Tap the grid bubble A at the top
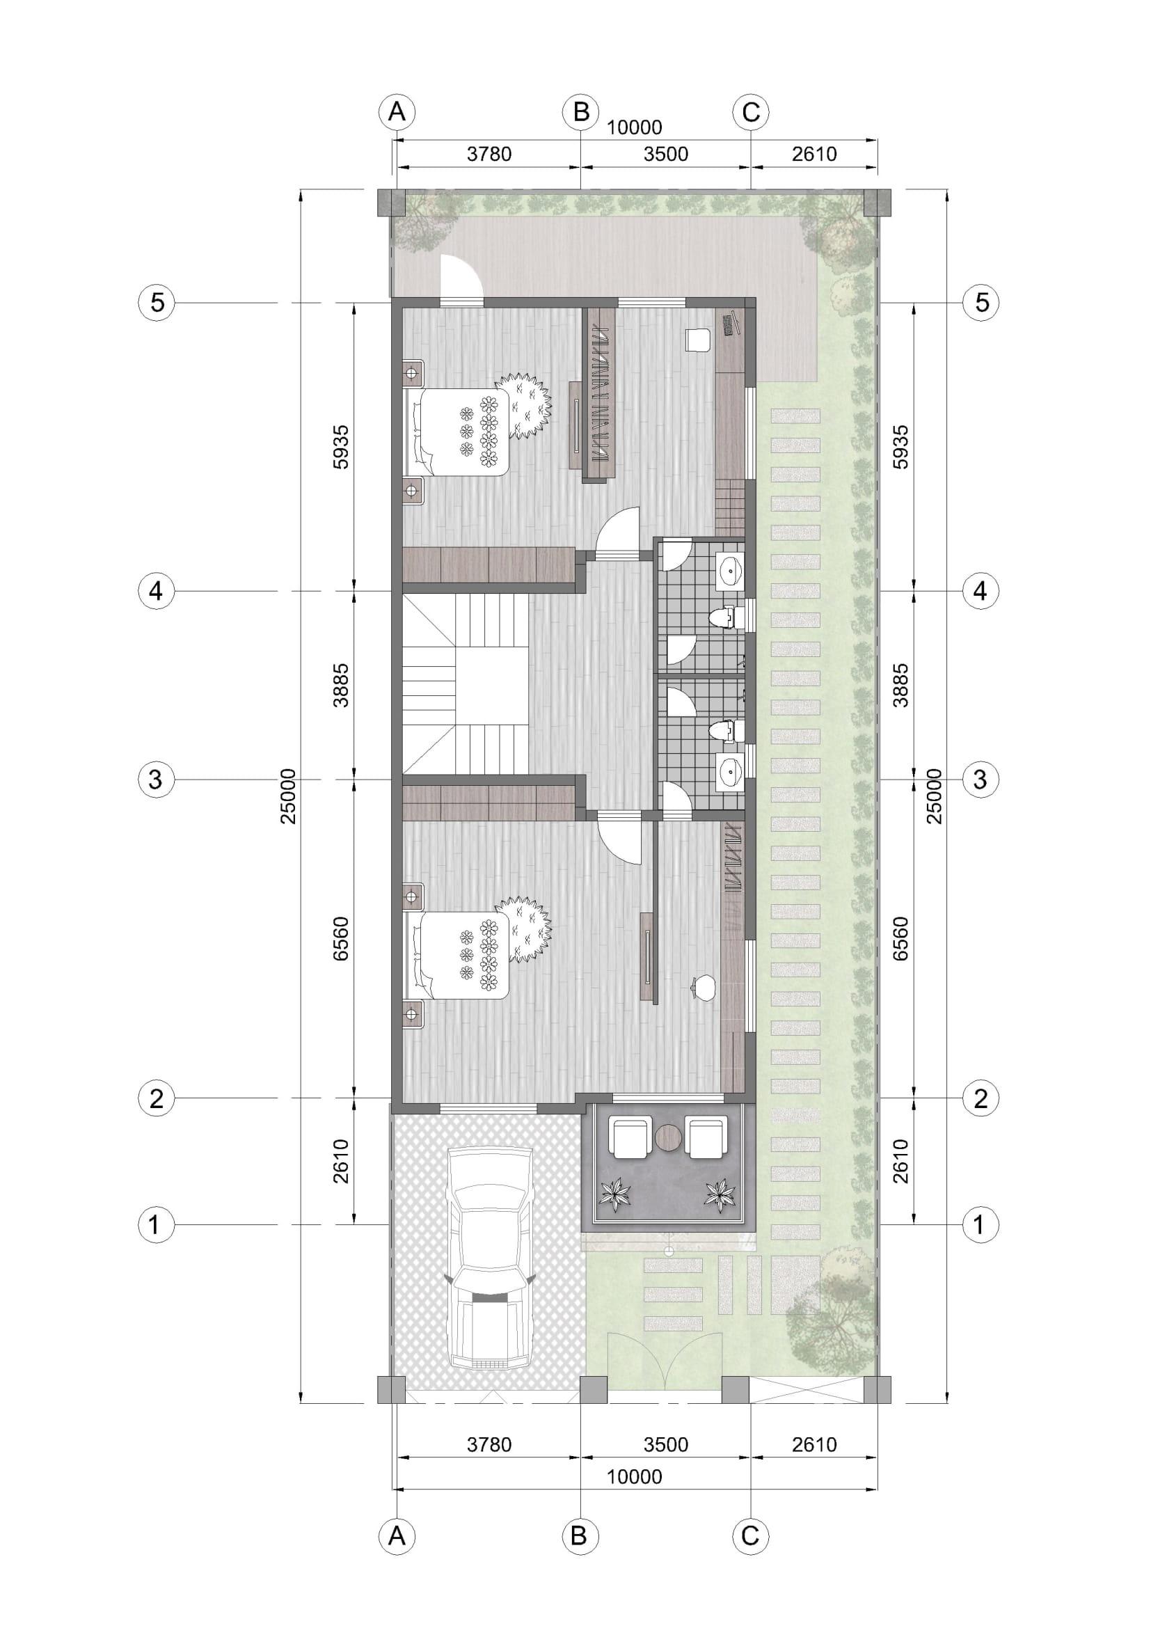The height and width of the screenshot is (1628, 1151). [397, 112]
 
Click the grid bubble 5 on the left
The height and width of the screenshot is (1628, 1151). [157, 303]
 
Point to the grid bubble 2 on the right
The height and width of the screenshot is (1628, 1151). [981, 1099]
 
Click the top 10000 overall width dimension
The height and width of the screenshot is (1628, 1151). [635, 127]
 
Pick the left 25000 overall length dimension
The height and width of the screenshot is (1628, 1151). [289, 796]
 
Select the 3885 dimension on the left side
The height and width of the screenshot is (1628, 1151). [342, 685]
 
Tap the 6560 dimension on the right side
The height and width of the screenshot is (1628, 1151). [900, 939]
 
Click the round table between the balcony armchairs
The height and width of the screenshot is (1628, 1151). [668, 1138]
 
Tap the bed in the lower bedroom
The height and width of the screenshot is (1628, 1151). [457, 955]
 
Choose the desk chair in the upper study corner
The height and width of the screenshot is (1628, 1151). [697, 340]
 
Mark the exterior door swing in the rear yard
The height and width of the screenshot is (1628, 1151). [461, 277]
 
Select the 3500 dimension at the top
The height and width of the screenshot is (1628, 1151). [666, 153]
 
